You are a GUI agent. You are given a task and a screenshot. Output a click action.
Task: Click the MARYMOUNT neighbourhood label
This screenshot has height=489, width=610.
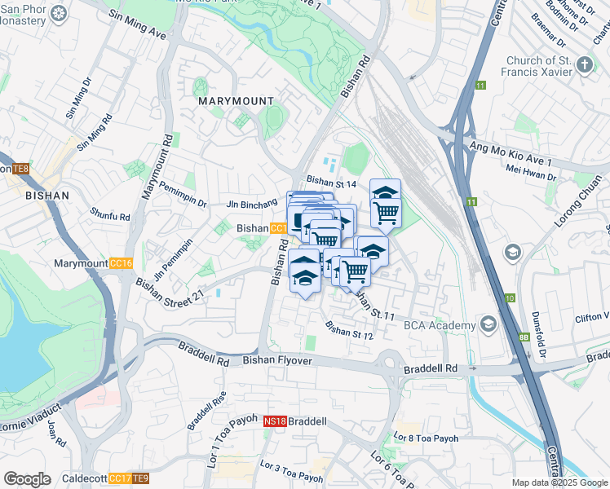tap(236, 100)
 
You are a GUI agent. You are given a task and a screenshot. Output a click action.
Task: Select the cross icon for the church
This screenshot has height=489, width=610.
tap(584, 64)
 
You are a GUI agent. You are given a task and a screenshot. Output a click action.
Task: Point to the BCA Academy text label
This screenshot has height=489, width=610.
tap(440, 326)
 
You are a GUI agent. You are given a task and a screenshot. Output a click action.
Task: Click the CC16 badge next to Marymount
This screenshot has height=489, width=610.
tap(121, 264)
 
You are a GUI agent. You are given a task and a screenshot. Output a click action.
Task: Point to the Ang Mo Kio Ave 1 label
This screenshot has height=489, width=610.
tap(511, 152)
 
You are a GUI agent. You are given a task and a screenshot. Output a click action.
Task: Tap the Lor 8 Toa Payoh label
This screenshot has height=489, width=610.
tap(427, 438)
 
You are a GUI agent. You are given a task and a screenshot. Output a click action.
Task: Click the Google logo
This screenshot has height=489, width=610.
tap(28, 478)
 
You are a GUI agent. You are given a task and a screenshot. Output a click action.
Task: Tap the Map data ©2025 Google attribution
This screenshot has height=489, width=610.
tap(559, 482)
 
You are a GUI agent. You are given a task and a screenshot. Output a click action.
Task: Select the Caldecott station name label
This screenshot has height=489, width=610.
tap(84, 478)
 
